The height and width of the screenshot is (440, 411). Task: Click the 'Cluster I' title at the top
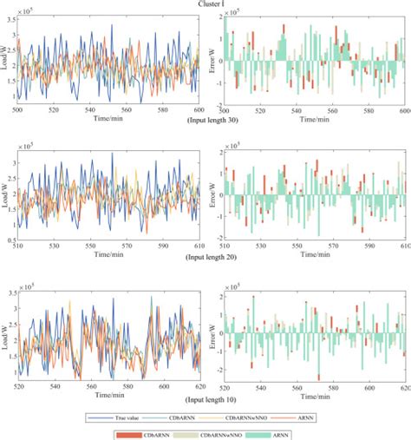pyautogui.click(x=206, y=3)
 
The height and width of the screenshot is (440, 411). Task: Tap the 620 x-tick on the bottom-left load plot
pyautogui.click(x=199, y=391)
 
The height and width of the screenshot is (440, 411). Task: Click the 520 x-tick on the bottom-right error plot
pyautogui.click(x=225, y=391)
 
